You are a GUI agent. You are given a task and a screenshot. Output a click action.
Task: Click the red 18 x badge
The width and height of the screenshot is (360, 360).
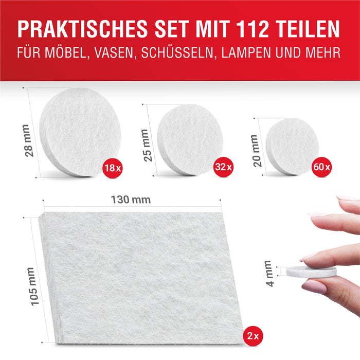coord(112,167)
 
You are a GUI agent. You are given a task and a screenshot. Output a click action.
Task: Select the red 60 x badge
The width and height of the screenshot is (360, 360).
coord(322,167)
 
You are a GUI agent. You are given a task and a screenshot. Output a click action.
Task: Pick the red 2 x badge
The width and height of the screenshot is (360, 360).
coord(251,336)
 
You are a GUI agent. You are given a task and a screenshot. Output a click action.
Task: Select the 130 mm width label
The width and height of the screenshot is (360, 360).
coord(131,200)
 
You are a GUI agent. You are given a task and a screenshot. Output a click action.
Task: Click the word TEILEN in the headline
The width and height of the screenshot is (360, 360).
coord(312,29)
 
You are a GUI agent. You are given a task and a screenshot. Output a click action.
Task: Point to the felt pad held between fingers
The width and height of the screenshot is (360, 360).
coord(311,272)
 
